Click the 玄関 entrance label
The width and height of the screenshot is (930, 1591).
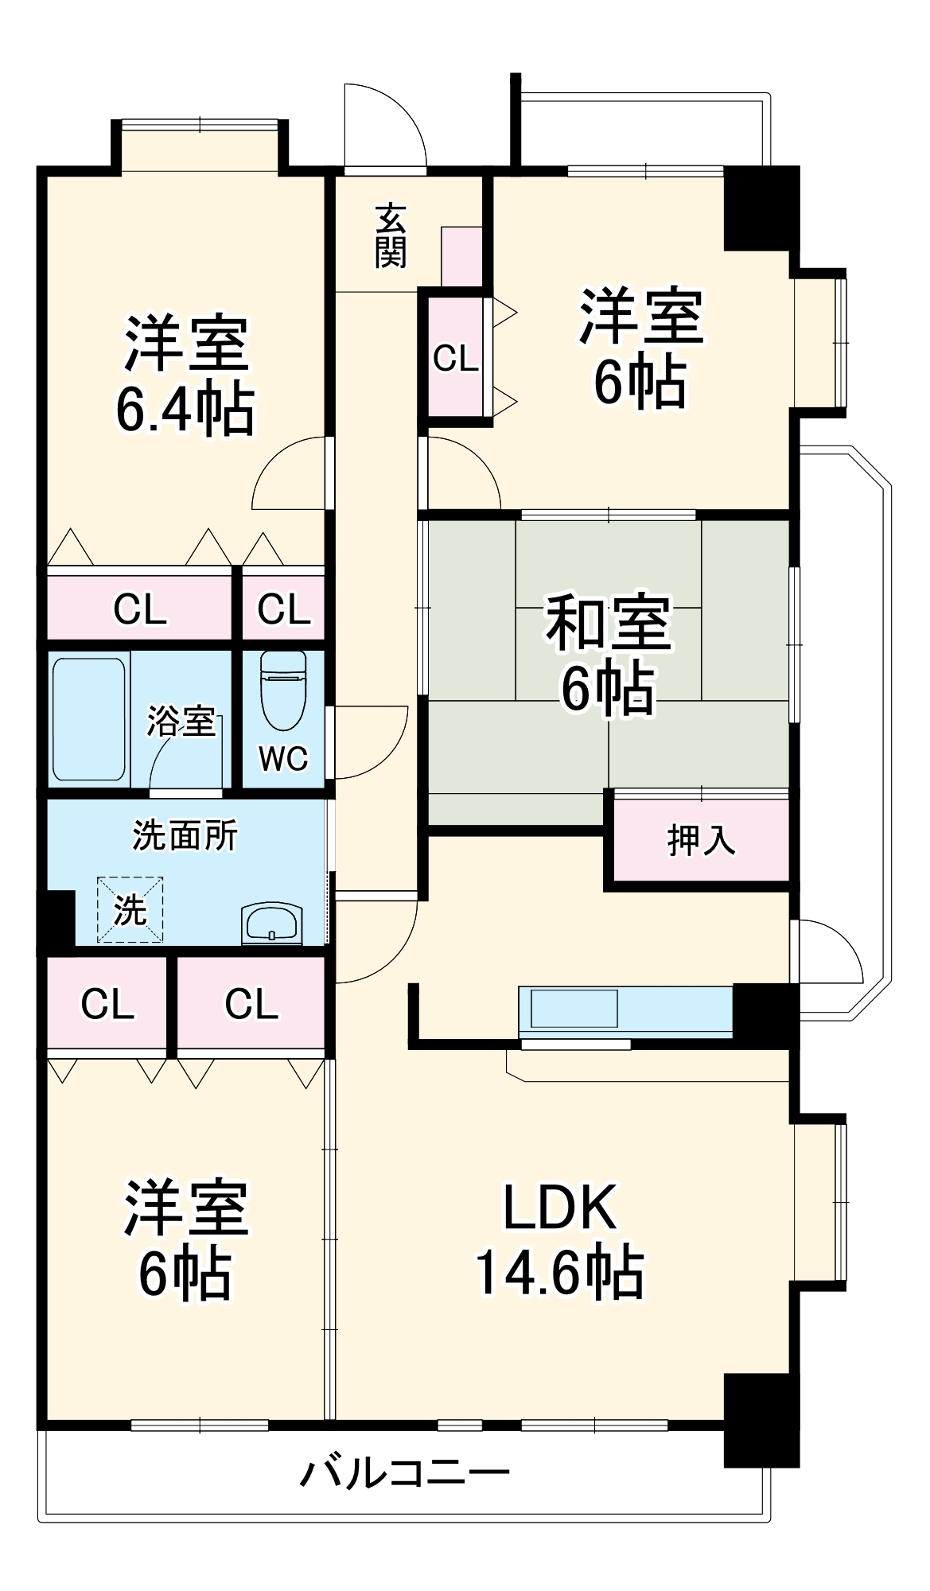391,235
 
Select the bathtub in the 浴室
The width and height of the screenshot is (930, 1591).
89,718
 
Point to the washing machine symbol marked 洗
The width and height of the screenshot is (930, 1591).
130,909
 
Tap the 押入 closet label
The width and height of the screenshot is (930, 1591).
701,840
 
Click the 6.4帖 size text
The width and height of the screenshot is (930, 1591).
185,409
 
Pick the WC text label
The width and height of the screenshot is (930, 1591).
283,759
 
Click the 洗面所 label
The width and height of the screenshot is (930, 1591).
185,835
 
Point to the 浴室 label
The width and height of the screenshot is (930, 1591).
181,721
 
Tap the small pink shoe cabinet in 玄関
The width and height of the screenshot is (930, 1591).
461,255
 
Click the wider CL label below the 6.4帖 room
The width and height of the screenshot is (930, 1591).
140,609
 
